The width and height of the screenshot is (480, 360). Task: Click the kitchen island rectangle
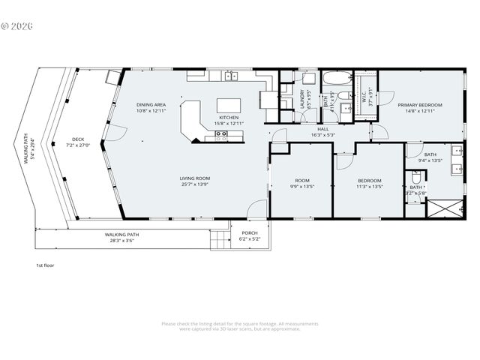229,105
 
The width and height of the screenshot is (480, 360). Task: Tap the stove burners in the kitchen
221,136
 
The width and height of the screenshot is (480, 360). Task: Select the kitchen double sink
231,76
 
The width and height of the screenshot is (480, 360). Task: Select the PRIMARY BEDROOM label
419,105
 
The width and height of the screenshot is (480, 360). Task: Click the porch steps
218,240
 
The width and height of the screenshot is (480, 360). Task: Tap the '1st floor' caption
45,265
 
